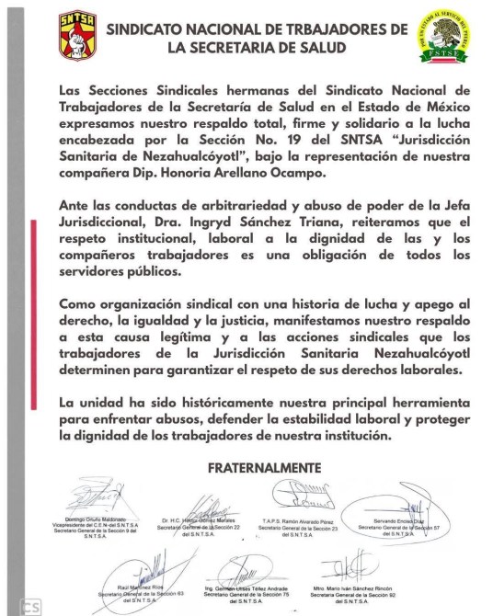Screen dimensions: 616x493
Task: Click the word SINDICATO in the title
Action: (152, 29)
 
